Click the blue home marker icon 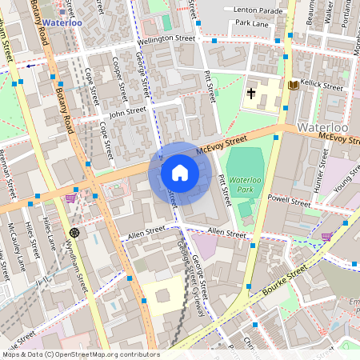(x=180, y=173)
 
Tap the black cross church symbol (x=251, y=94)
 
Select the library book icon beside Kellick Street (x=293, y=85)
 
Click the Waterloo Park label (x=246, y=187)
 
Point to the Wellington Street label (x=166, y=38)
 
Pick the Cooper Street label (x=118, y=72)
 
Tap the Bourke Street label (x=285, y=281)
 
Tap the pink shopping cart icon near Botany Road (x=70, y=198)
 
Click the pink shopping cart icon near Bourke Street (x=326, y=236)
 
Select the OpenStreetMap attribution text (x=80, y=354)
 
